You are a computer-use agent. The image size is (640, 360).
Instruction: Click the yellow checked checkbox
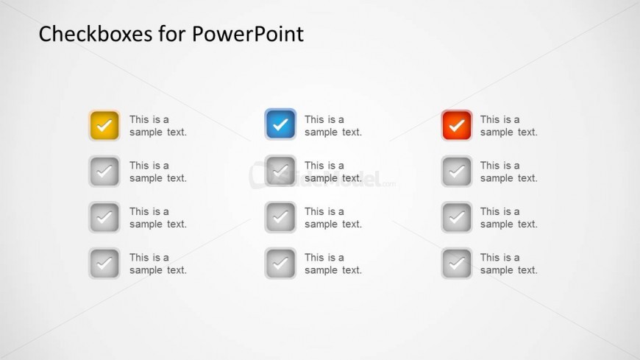(x=104, y=125)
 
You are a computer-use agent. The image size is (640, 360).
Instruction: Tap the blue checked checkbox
(x=280, y=124)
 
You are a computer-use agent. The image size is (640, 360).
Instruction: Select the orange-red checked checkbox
(x=457, y=125)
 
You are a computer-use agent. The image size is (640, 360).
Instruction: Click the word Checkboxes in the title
(x=96, y=34)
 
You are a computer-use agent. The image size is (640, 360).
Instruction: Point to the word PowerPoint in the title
(x=248, y=34)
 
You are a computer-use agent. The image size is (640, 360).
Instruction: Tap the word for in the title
(x=172, y=34)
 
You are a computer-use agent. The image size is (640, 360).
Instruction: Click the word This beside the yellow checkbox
(x=139, y=119)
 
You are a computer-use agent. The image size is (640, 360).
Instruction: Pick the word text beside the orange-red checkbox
(x=527, y=132)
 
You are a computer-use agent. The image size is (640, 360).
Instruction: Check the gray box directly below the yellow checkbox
(x=104, y=172)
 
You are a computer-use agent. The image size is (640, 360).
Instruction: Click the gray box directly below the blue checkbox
(x=280, y=171)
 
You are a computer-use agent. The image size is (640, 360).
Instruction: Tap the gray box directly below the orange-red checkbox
(x=457, y=172)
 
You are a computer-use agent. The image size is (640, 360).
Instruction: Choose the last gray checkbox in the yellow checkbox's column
(x=104, y=263)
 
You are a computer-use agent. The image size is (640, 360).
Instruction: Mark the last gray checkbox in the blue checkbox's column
(x=280, y=263)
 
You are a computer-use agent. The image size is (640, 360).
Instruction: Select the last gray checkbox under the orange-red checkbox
(x=457, y=263)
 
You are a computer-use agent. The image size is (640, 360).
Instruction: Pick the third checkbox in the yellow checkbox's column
(x=104, y=217)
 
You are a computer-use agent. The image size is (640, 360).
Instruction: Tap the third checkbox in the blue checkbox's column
(x=280, y=217)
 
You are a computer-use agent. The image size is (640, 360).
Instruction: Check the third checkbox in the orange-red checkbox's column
(x=457, y=217)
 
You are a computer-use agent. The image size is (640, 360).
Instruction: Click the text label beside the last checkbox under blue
(x=333, y=264)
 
